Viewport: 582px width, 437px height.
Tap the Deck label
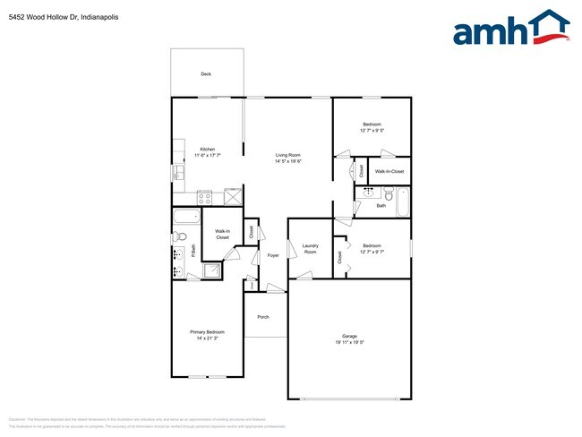coord(205,74)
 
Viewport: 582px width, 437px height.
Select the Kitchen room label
coord(207,149)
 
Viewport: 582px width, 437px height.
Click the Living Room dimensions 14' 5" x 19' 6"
coord(288,161)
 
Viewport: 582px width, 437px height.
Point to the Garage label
coord(349,336)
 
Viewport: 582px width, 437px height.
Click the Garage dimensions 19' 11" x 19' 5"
coord(349,342)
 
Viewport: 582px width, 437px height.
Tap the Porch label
coord(263,317)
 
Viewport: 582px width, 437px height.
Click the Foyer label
coord(273,255)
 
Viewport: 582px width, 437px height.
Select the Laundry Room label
coord(311,249)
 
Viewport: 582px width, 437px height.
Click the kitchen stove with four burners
coord(204,197)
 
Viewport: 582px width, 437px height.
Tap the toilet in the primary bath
coord(179,236)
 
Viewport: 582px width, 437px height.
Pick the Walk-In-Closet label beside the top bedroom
coord(389,171)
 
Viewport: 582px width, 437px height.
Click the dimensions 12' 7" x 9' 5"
coord(372,131)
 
